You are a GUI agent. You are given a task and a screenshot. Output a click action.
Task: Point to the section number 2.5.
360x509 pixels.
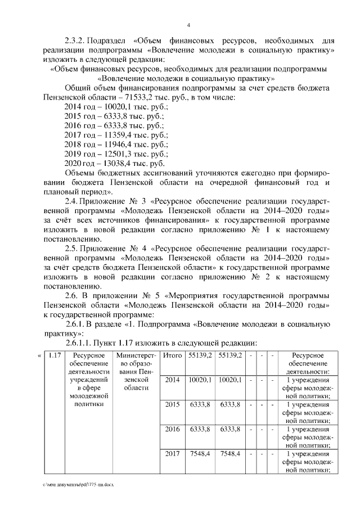pyautogui.click(x=70, y=249)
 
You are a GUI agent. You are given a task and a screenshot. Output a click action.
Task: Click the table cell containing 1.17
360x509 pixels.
pyautogui.click(x=55, y=355)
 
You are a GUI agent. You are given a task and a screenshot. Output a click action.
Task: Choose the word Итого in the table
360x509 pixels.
pyautogui.click(x=172, y=355)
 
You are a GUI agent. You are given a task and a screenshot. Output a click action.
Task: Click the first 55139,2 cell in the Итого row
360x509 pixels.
pyautogui.click(x=200, y=355)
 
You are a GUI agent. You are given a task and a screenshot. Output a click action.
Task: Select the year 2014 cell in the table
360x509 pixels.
pyautogui.click(x=172, y=380)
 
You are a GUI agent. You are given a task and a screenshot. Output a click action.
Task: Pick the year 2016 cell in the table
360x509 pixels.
pyautogui.click(x=172, y=429)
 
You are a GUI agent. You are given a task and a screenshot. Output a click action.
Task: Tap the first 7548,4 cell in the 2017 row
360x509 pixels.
pyautogui.click(x=200, y=454)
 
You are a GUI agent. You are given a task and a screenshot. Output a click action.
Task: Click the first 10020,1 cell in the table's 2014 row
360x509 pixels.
pyautogui.click(x=200, y=380)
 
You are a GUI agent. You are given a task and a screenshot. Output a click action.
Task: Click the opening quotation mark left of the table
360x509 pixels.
pyautogui.click(x=39, y=355)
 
